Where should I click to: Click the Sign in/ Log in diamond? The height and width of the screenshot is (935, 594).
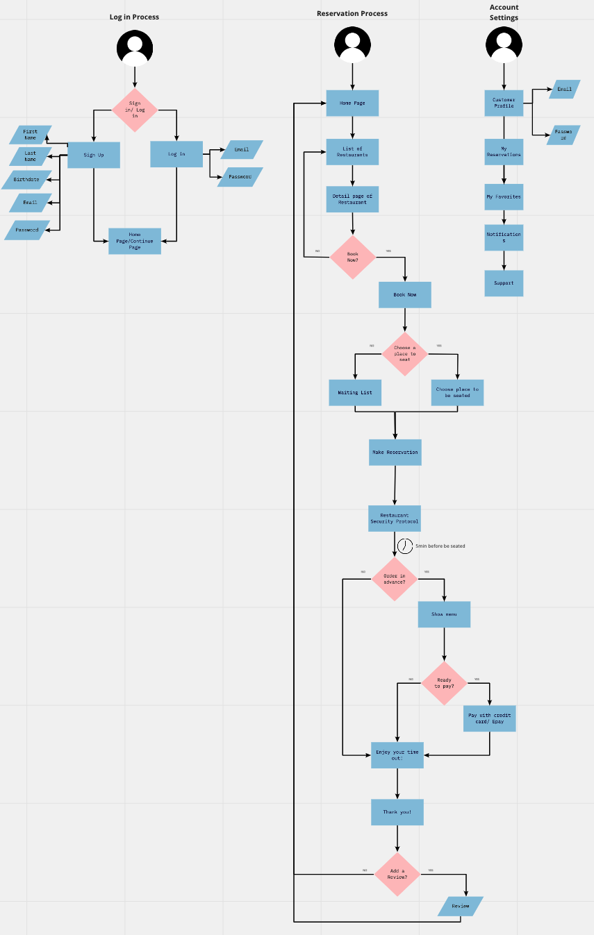(135, 110)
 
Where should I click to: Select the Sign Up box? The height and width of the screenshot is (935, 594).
(94, 155)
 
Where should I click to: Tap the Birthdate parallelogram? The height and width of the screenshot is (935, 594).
(27, 180)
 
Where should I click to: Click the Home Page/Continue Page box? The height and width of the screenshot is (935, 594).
(135, 241)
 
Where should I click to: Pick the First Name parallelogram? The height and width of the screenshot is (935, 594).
(31, 135)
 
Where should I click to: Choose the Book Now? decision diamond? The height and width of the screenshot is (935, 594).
(352, 257)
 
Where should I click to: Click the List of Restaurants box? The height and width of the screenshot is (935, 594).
(352, 152)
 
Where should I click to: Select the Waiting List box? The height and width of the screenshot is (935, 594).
(355, 393)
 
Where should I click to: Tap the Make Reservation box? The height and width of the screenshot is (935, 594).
(395, 452)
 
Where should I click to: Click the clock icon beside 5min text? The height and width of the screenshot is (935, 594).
(405, 546)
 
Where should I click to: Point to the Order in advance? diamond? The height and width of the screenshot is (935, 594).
(395, 578)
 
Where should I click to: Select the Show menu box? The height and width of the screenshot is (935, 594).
(444, 614)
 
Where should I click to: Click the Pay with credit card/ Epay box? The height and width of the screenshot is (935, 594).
(490, 718)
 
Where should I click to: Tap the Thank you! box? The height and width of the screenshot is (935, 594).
(397, 812)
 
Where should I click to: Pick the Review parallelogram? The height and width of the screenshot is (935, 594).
(461, 906)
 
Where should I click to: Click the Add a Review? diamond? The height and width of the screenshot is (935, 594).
(397, 874)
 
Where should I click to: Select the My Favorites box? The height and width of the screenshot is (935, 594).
(504, 197)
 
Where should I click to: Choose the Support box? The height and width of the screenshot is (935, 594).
(504, 283)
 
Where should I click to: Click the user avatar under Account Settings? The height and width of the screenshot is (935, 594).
(504, 46)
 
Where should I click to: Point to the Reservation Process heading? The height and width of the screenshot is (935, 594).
(352, 13)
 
